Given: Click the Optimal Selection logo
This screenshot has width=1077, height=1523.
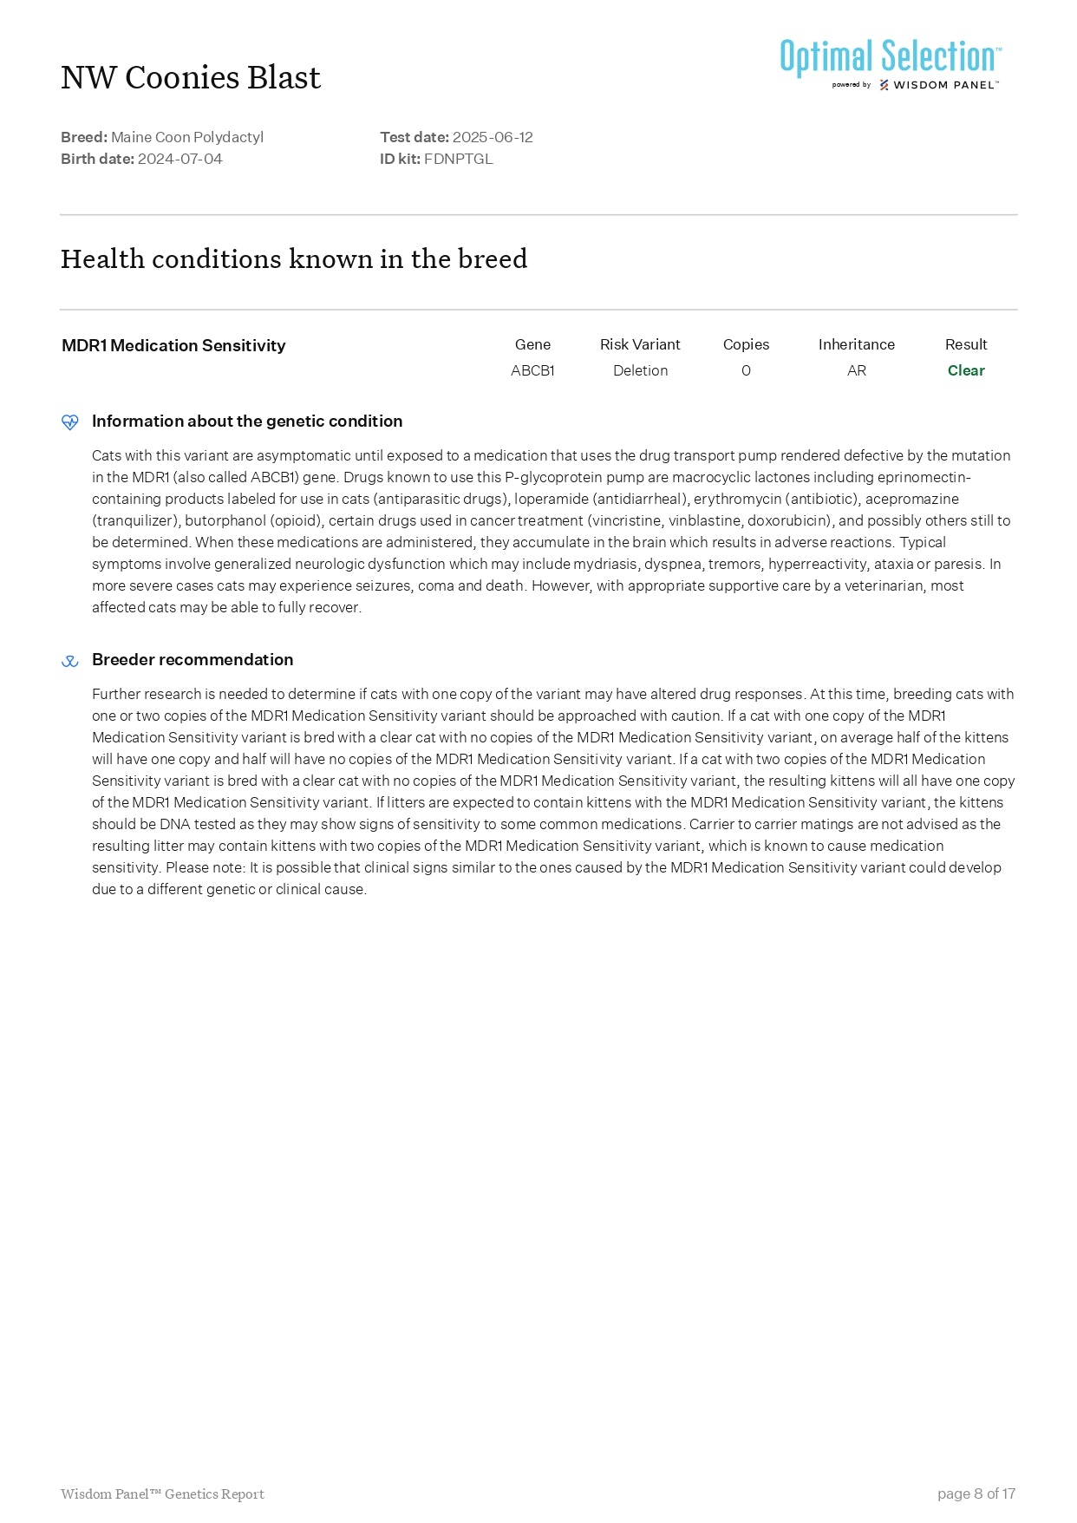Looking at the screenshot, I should (x=891, y=63).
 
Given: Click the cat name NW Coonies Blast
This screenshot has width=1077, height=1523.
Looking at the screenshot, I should (x=191, y=78).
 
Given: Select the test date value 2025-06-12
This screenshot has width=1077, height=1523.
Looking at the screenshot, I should (x=493, y=137).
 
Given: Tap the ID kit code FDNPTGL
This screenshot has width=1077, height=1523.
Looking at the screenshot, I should (x=458, y=159).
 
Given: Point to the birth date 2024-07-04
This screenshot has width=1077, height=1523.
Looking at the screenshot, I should (x=179, y=159).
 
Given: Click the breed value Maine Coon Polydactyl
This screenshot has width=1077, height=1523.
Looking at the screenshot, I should (x=187, y=137).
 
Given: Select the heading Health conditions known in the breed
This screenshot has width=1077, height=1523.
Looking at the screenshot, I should (x=294, y=258).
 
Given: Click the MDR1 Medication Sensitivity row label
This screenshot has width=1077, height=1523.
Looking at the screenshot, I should (x=173, y=345).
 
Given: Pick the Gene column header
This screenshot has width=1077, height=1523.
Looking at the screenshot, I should (x=532, y=344).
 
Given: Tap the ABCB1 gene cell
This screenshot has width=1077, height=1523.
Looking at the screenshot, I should (x=532, y=370).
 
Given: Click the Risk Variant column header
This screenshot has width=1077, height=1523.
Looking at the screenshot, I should (x=640, y=344).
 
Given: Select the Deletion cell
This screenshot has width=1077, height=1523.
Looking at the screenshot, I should (x=640, y=370).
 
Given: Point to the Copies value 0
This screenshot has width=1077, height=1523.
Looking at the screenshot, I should (x=746, y=370).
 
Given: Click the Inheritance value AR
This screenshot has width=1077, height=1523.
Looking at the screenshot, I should (x=856, y=370).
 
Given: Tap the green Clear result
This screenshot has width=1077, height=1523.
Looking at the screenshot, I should (x=966, y=370).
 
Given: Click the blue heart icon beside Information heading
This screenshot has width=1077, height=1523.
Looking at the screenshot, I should (x=70, y=422).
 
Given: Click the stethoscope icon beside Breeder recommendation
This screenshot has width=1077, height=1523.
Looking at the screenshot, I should (x=70, y=661).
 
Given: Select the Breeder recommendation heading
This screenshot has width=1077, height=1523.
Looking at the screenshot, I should (x=193, y=659).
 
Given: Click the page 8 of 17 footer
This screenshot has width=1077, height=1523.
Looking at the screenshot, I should (x=976, y=1494).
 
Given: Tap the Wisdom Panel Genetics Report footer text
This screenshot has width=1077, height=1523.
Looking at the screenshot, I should (x=162, y=1494).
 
